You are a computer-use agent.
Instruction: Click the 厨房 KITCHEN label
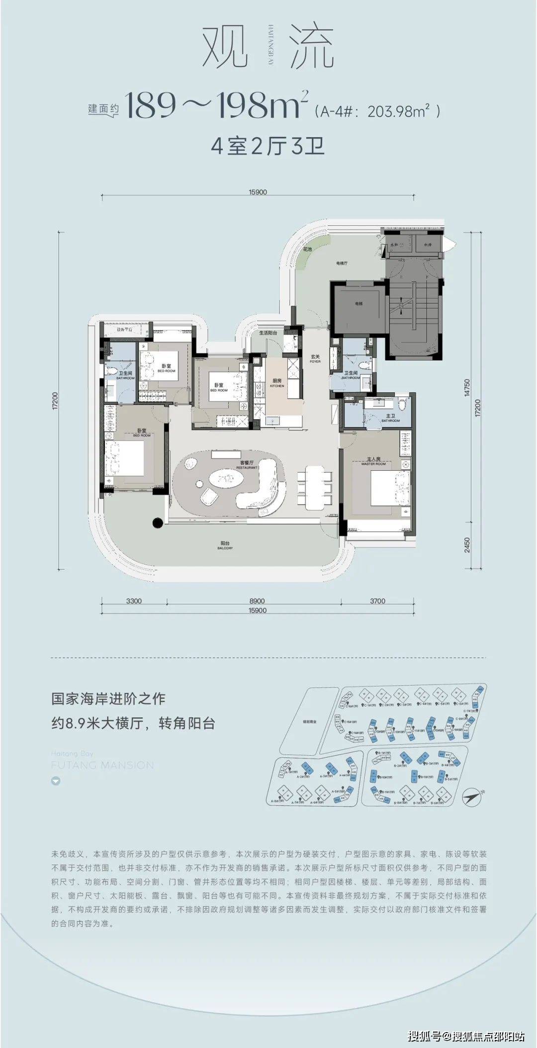coord(277,383)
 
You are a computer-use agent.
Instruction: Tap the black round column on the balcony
coord(157,522)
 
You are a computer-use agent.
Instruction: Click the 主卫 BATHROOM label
coord(390,418)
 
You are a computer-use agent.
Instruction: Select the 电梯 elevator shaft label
coord(359,304)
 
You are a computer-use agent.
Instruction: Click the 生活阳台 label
coord(268,333)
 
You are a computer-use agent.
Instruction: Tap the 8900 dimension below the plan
coord(257,601)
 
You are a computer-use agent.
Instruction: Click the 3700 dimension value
coord(377,601)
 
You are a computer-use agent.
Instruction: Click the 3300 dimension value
coord(134,601)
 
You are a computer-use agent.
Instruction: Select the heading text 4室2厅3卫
coord(268,148)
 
